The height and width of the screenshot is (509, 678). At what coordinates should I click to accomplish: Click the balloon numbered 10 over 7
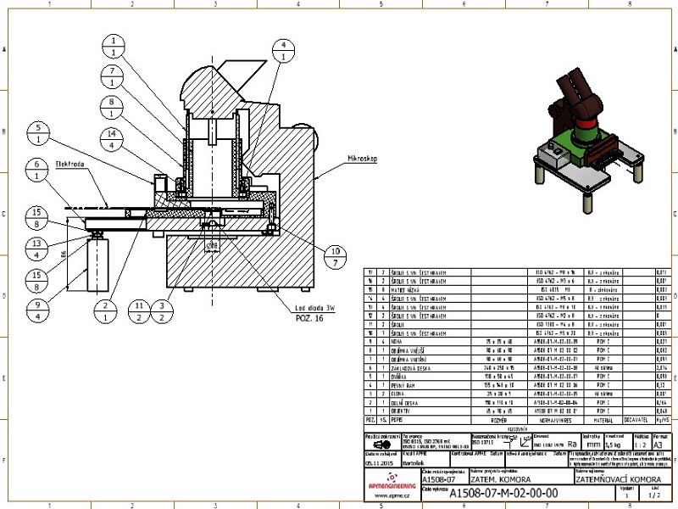pos(335,256)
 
